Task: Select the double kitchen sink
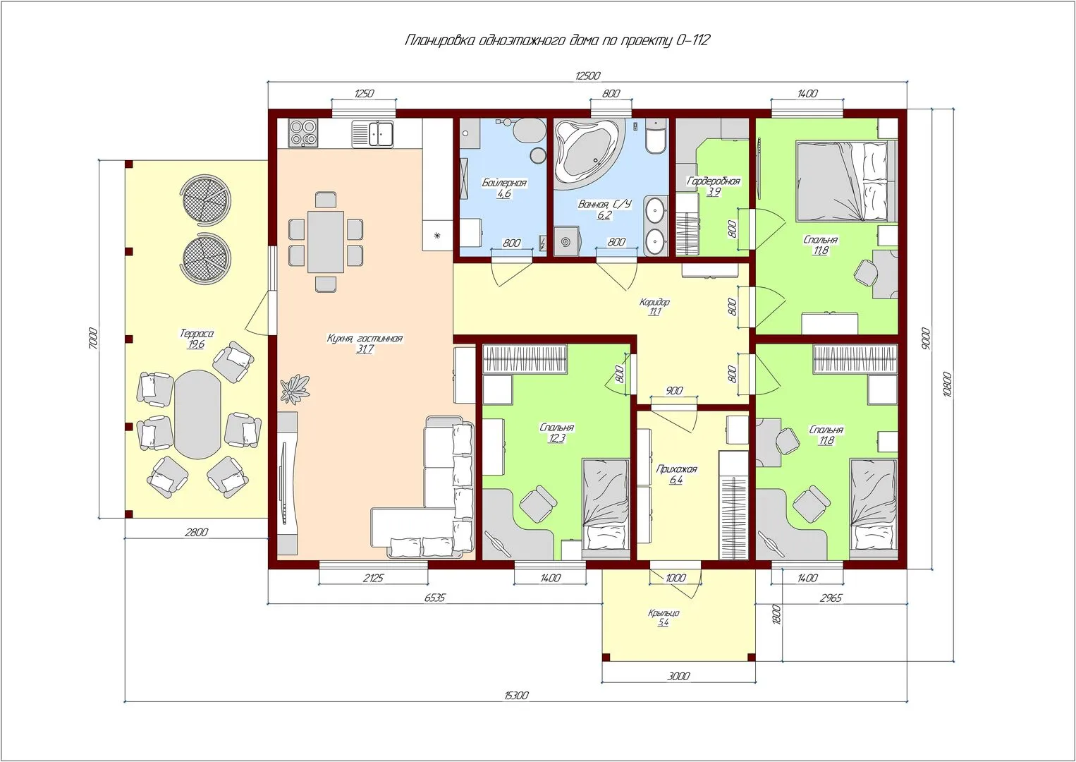tap(372, 133)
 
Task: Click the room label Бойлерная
tap(504, 183)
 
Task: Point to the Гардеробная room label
tap(714, 181)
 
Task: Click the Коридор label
tap(654, 302)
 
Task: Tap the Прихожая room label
tap(676, 468)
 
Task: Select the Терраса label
tap(197, 333)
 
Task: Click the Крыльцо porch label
tap(664, 613)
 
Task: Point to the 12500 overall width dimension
tap(587, 75)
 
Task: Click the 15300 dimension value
tap(516, 695)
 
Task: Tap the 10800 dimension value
tap(947, 384)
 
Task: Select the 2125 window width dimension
tap(373, 578)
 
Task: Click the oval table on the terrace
tap(197, 414)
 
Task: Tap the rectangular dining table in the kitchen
tap(326, 242)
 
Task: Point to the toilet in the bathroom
tap(656, 136)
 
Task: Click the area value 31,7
tap(365, 349)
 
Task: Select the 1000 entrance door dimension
tap(675, 578)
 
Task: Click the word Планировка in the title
tap(440, 40)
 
